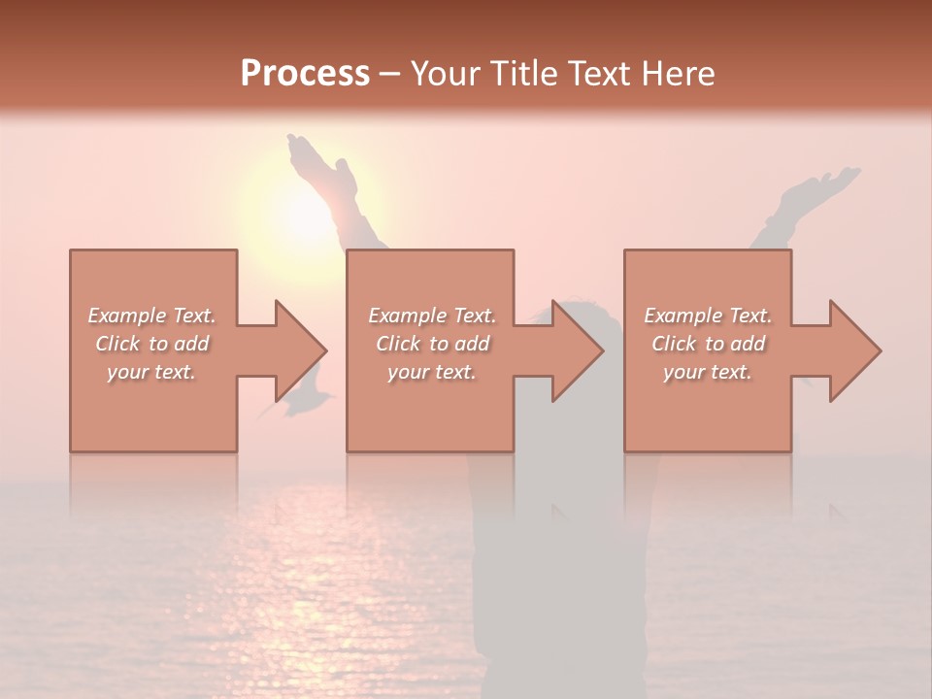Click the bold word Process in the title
[x=305, y=74]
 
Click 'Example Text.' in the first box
[x=151, y=316]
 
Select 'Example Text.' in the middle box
[x=432, y=316]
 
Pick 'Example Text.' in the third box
[x=708, y=316]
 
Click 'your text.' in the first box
[x=151, y=372]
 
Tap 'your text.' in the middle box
[x=432, y=372]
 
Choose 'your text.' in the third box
[x=708, y=372]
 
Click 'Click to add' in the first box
[x=151, y=344]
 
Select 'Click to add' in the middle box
[x=432, y=344]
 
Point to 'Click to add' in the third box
[x=708, y=344]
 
